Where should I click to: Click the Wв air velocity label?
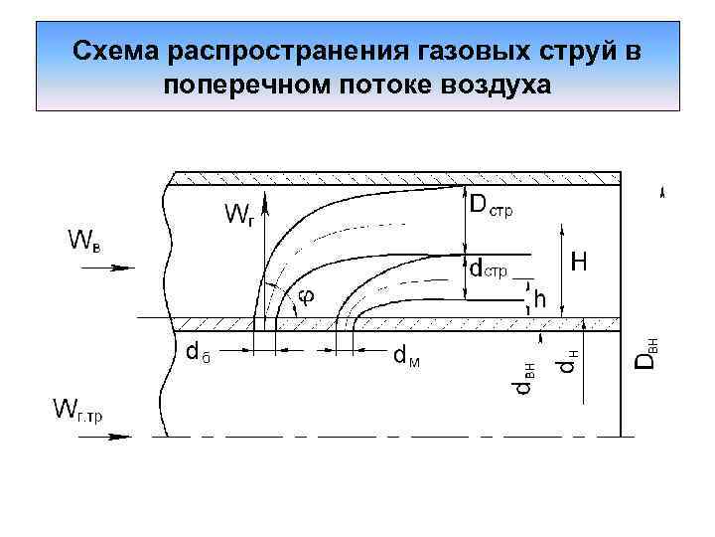click(x=83, y=240)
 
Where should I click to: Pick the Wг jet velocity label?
click(x=238, y=214)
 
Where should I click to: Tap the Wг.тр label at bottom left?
click(x=78, y=409)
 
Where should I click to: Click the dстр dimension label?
click(x=489, y=268)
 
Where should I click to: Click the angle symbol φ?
click(x=306, y=295)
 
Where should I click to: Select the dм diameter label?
click(x=406, y=355)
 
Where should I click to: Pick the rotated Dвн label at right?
click(x=646, y=352)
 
